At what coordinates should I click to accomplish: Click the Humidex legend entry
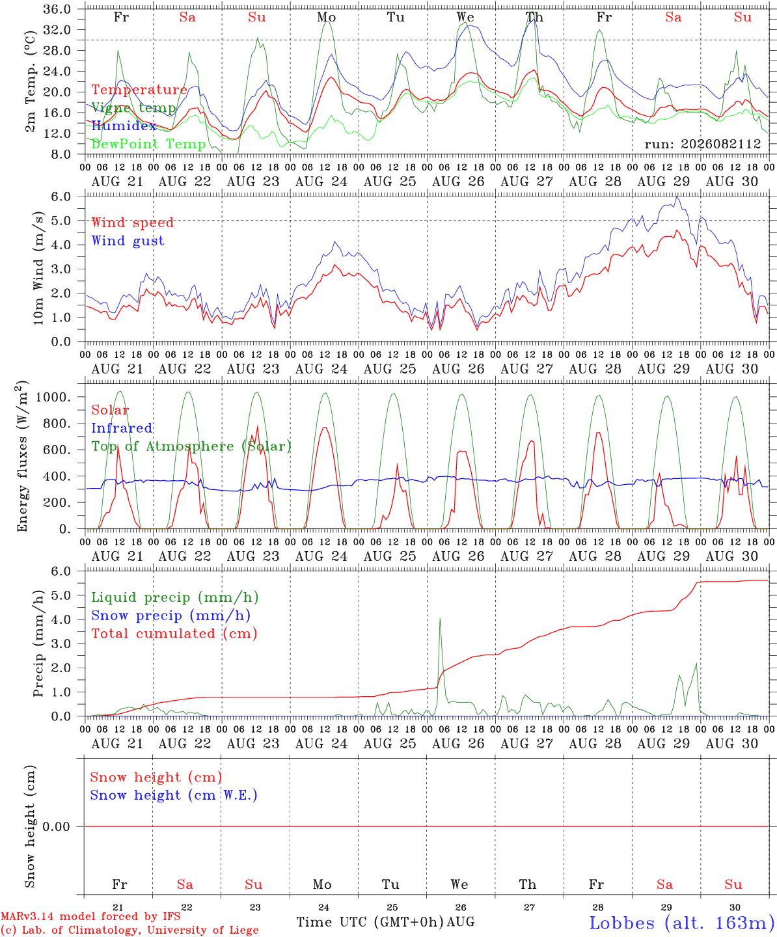[124, 126]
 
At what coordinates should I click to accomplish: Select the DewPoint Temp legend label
[148, 144]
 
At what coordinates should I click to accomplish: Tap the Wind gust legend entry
[128, 241]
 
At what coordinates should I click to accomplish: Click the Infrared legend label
[122, 428]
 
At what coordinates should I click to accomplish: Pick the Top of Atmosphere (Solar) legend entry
[192, 446]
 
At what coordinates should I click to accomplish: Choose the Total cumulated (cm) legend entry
[174, 633]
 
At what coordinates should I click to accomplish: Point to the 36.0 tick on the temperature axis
[57, 9]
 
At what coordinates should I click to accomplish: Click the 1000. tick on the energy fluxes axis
[53, 397]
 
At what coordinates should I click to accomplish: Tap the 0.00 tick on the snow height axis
[56, 826]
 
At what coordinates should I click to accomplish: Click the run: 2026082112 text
[702, 144]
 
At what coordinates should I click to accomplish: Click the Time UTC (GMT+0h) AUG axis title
[385, 922]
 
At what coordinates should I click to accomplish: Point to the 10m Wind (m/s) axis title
[38, 268]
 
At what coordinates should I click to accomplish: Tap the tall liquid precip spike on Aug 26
[440, 619]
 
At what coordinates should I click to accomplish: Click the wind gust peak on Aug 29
[677, 197]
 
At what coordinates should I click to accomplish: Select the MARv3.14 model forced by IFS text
[90, 916]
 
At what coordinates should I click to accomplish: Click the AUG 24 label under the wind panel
[321, 369]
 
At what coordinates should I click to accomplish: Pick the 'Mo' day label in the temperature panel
[326, 17]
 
